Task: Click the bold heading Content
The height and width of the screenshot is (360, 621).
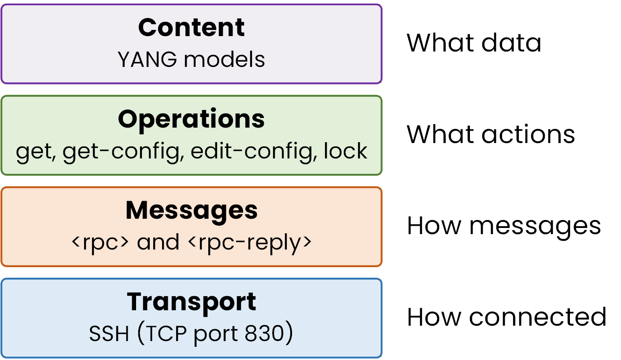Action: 191,27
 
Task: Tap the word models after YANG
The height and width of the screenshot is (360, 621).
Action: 225,59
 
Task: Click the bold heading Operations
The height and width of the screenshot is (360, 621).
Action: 191,118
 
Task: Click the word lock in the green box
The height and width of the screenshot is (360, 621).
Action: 345,151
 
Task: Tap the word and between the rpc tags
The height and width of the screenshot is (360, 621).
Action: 158,242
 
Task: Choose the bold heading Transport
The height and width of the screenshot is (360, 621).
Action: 191,301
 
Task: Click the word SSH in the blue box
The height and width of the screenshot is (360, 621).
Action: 109,334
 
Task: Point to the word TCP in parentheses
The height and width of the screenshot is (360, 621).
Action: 166,334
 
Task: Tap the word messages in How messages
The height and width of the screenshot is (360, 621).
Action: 535,226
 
